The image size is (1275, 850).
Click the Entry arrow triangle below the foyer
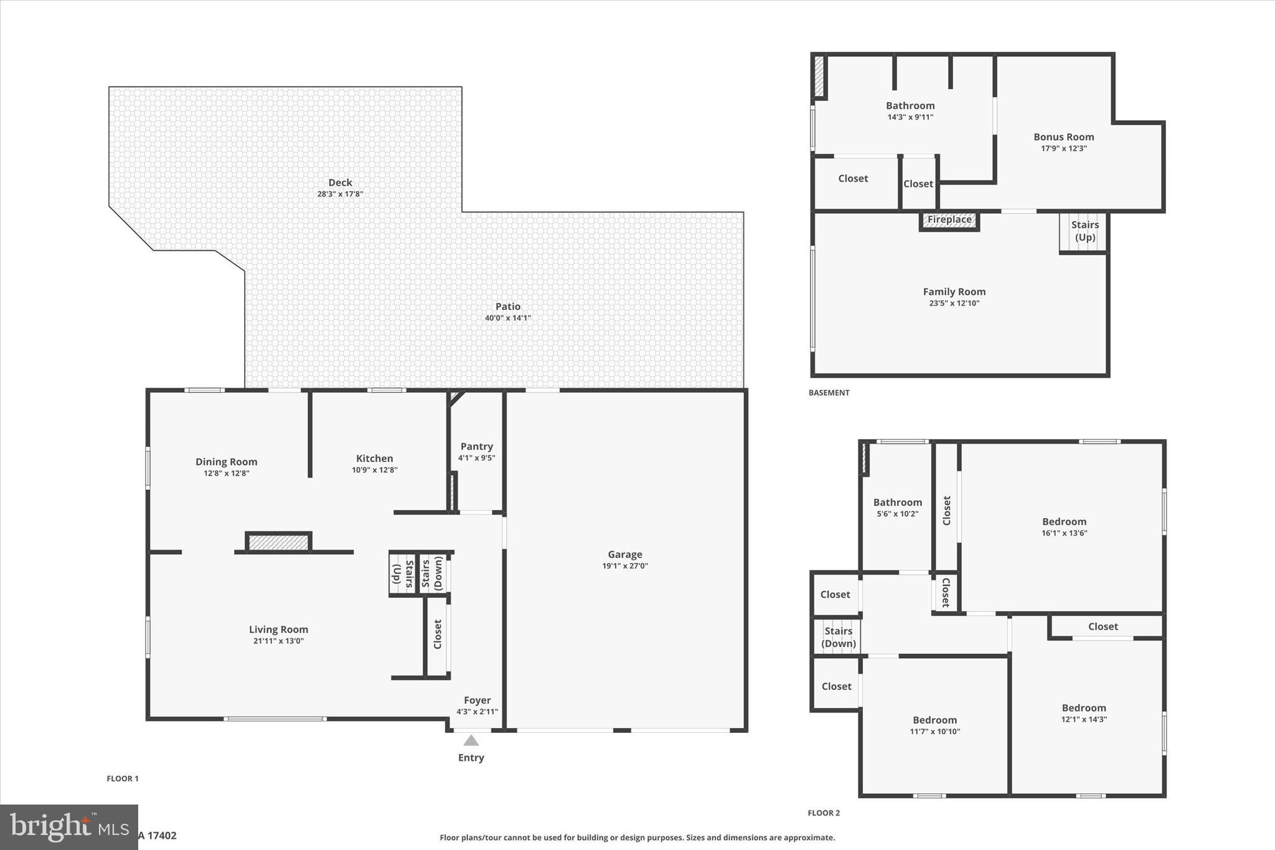point(471,740)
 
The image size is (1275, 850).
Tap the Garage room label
point(624,554)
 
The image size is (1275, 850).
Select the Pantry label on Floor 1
point(476,446)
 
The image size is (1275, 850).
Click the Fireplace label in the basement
point(949,219)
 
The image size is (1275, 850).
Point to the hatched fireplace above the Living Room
point(278,543)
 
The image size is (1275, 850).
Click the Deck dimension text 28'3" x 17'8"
point(340,194)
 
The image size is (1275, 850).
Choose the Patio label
point(507,306)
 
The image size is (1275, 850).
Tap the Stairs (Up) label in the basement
point(1084,231)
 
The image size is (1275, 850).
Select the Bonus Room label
point(1063,137)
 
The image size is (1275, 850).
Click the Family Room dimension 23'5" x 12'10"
point(954,304)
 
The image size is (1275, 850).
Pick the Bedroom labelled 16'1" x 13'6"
point(1064,522)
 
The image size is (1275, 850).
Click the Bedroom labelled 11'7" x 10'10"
point(934,720)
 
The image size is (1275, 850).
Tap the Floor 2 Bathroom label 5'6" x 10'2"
point(897,503)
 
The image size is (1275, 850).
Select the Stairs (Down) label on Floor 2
point(838,637)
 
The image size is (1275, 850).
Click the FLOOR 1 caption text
point(123,778)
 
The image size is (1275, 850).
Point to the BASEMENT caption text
point(829,393)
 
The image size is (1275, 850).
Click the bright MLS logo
point(68,826)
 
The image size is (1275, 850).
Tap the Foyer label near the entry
point(477,701)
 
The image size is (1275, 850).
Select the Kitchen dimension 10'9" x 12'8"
point(374,470)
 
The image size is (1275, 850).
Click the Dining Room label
point(226,461)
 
